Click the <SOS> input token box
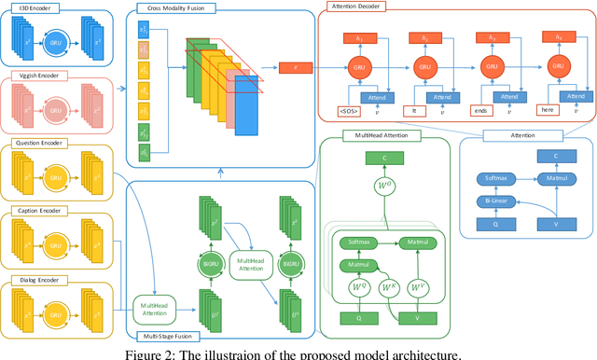[x=350, y=111]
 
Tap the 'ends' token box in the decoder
[x=480, y=111]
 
